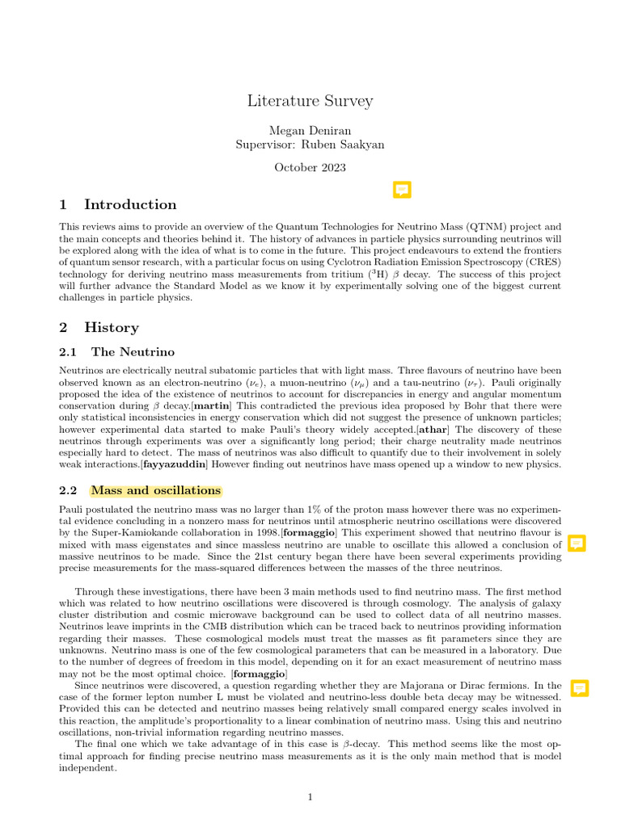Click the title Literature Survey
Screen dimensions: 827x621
pyautogui.click(x=310, y=101)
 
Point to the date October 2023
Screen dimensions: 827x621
pyautogui.click(x=310, y=167)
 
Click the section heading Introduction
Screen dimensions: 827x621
pyautogui.click(x=129, y=204)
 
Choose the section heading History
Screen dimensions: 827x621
pyautogui.click(x=111, y=327)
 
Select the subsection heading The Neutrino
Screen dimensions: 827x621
pyautogui.click(x=132, y=351)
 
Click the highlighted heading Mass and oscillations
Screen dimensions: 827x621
pyautogui.click(x=156, y=490)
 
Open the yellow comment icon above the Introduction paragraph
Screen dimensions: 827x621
pyautogui.click(x=402, y=190)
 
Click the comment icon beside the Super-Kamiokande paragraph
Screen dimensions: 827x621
pyautogui.click(x=577, y=544)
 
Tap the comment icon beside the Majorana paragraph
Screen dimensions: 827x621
pyautogui.click(x=579, y=688)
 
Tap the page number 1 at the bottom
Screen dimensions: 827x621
pyautogui.click(x=310, y=798)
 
